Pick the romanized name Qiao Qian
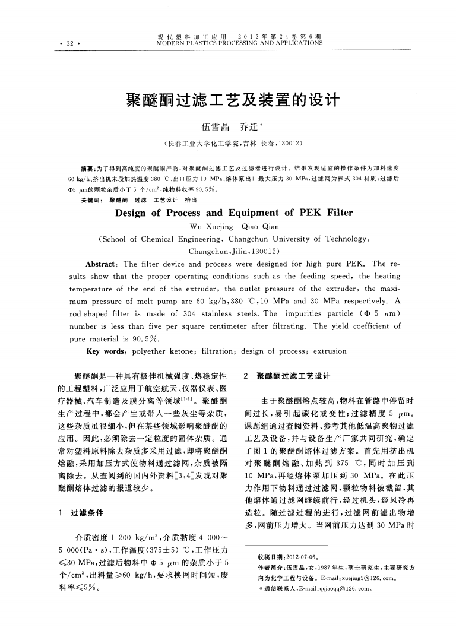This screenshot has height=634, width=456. (x=262, y=227)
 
